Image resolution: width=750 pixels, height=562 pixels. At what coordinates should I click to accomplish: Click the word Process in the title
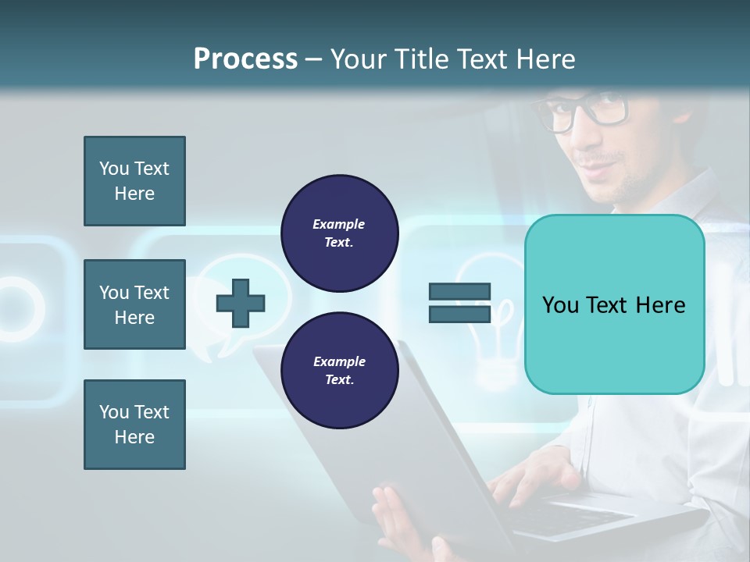[x=245, y=59]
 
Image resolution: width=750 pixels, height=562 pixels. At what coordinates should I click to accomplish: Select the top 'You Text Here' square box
[x=134, y=181]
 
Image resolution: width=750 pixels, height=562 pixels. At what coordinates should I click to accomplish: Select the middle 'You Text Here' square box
[x=134, y=304]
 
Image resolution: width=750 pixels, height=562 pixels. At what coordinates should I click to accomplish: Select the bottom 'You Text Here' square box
[x=134, y=425]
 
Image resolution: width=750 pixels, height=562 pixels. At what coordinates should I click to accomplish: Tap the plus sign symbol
[x=241, y=303]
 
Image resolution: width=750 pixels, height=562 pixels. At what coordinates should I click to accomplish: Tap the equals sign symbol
[x=459, y=303]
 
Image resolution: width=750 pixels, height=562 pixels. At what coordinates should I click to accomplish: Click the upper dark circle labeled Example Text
[x=339, y=233]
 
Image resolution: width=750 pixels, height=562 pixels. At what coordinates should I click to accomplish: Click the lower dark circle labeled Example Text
[x=339, y=370]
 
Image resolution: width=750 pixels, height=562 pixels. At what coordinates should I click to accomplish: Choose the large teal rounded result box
[x=614, y=304]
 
